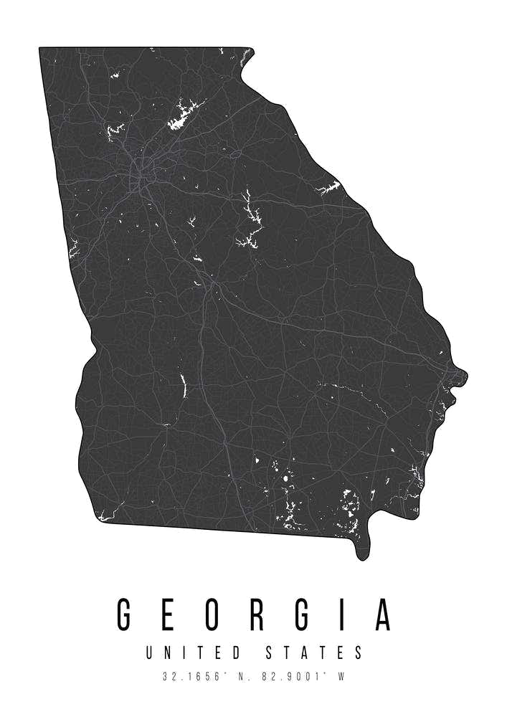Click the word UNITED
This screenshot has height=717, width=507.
[193, 652]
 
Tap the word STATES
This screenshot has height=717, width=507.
[314, 652]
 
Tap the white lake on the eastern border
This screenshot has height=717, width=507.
[329, 188]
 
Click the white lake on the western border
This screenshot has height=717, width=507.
[73, 248]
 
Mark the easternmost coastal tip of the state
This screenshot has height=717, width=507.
[463, 374]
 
